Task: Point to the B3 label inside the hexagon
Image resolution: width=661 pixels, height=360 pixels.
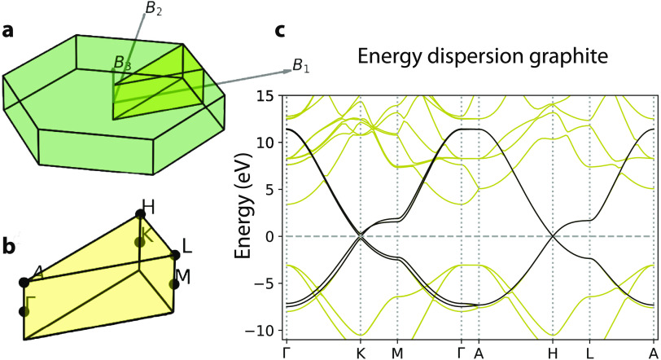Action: click(x=121, y=63)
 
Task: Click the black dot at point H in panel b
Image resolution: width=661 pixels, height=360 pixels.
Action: click(x=140, y=214)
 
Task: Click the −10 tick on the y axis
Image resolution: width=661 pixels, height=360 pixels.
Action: click(x=263, y=331)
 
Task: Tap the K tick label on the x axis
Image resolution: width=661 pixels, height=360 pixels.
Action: click(x=360, y=353)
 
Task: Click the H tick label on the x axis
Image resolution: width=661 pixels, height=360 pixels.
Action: click(x=553, y=353)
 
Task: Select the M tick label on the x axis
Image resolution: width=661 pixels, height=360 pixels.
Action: click(x=397, y=353)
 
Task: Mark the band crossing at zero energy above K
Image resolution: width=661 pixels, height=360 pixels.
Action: click(x=360, y=236)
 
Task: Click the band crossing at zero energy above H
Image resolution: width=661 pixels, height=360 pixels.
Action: click(x=553, y=236)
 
